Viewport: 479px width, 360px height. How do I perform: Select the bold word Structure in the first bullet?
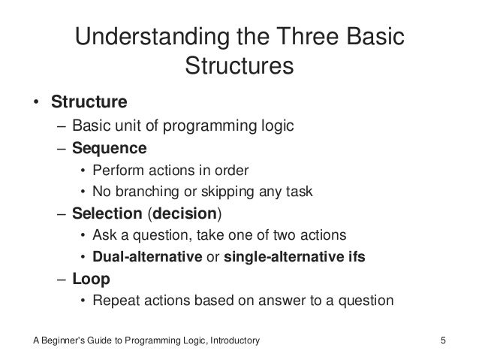coord(89,101)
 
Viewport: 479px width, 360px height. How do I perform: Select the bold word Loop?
coord(91,280)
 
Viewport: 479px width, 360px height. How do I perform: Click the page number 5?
coord(444,342)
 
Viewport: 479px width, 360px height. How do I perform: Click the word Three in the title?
coord(303,37)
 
